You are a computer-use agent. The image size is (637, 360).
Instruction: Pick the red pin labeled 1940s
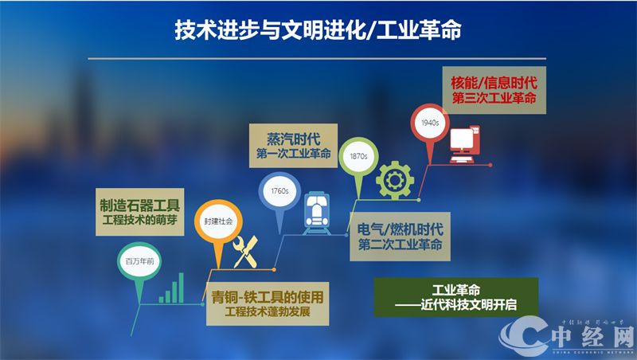pyautogui.click(x=430, y=123)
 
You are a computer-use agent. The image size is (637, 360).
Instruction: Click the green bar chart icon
pyautogui.click(x=171, y=288)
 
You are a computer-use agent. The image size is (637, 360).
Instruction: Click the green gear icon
pyautogui.click(x=393, y=178)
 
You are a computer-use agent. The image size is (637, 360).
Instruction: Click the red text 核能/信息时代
pyautogui.click(x=494, y=81)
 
